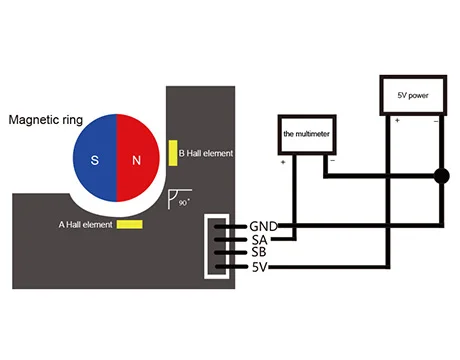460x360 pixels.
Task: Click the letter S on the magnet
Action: (x=95, y=160)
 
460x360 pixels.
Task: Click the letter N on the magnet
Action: (x=136, y=161)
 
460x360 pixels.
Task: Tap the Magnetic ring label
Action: (x=46, y=120)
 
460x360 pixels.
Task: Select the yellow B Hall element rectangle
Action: (x=173, y=153)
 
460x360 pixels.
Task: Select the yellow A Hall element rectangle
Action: (x=130, y=224)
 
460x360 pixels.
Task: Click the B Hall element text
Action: (x=206, y=153)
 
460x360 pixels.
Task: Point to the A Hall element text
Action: (x=86, y=225)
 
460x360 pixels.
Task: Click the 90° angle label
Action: (x=184, y=202)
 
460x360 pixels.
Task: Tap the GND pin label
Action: (x=263, y=226)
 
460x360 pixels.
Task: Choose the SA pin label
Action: (x=259, y=240)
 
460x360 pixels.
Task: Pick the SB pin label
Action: (x=259, y=252)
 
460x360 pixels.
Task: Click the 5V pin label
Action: (x=260, y=267)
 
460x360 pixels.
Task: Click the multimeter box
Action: (x=307, y=135)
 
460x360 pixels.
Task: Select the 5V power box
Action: (x=413, y=95)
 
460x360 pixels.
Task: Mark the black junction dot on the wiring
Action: (x=442, y=176)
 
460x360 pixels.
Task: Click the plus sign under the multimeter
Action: (x=283, y=162)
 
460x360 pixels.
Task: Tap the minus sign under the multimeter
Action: (x=332, y=161)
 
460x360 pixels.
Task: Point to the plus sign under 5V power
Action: (x=397, y=120)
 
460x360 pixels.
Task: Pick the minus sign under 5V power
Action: (x=436, y=121)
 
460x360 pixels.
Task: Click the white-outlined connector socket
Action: (x=217, y=247)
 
